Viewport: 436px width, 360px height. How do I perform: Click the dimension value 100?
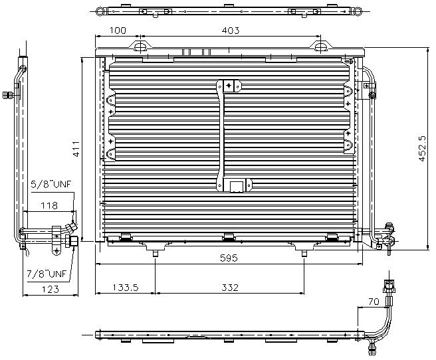pyautogui.click(x=118, y=31)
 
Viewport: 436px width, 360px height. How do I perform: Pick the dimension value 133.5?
pyautogui.click(x=124, y=288)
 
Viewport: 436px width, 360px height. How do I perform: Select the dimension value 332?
pyautogui.click(x=229, y=288)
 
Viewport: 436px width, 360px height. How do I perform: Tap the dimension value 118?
pyautogui.click(x=49, y=206)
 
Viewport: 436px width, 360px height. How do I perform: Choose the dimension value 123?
pyautogui.click(x=49, y=289)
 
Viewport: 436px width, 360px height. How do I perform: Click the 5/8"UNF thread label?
pyautogui.click(x=51, y=185)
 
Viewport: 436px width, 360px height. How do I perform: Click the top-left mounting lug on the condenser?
pyautogui.click(x=140, y=46)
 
